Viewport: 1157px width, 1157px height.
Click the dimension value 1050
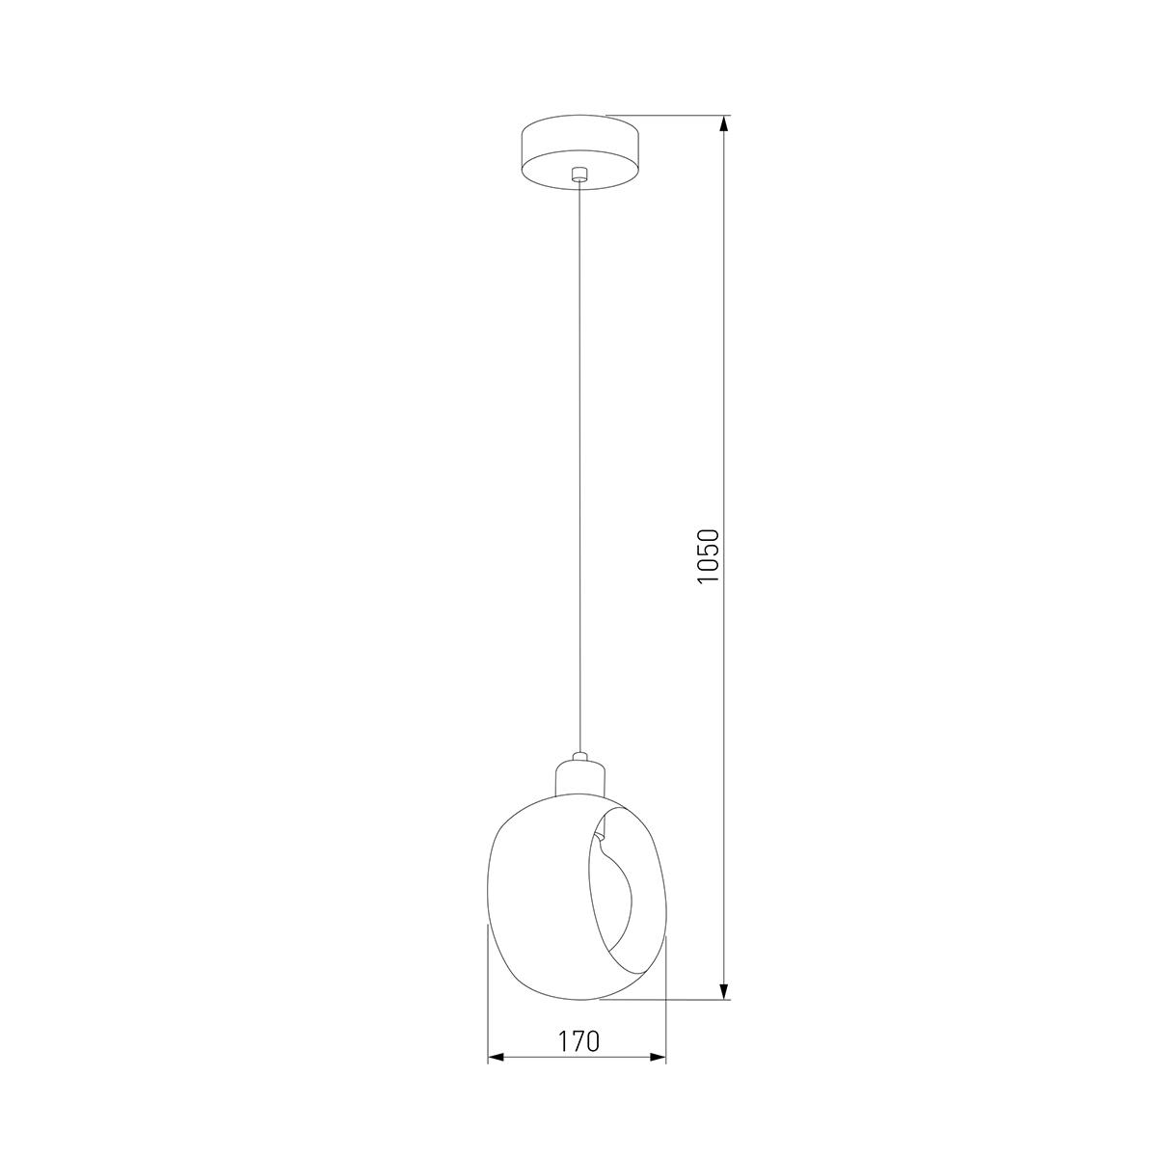pos(709,556)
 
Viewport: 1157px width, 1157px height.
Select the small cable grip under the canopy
pos(578,175)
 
